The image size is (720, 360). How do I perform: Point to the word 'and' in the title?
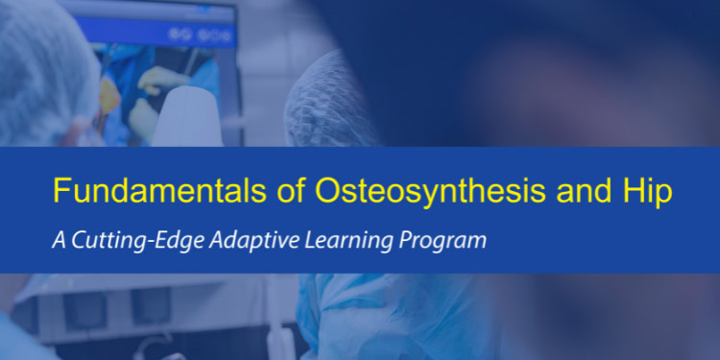[576, 191]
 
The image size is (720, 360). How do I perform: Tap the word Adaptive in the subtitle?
[230, 240]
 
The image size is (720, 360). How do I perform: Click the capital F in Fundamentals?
[60, 191]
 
